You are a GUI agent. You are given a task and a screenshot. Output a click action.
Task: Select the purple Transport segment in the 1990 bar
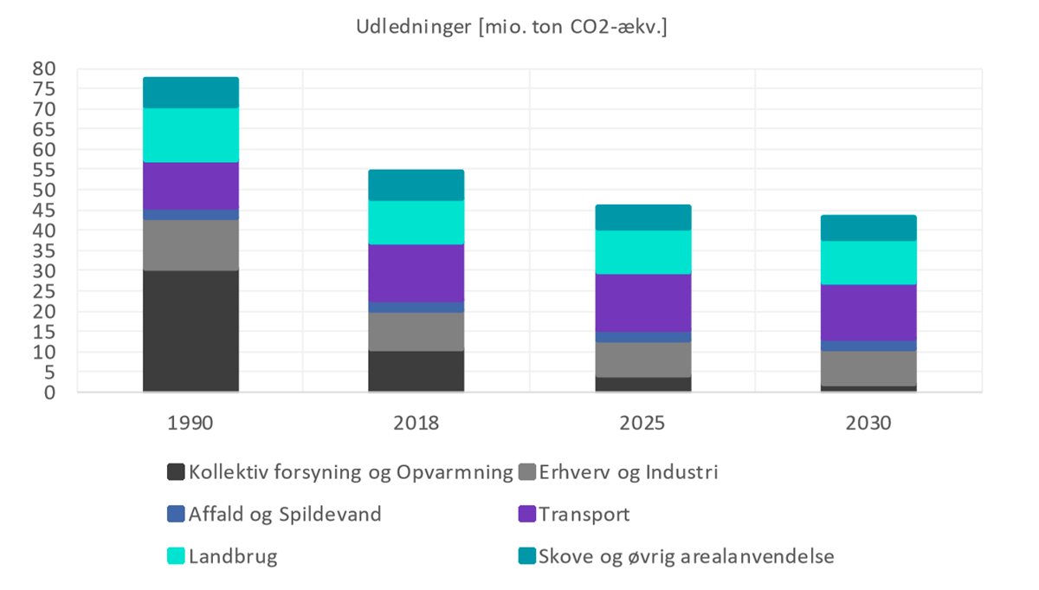pyautogui.click(x=190, y=185)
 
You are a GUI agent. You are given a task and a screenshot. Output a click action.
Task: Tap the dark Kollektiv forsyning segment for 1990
pyautogui.click(x=190, y=331)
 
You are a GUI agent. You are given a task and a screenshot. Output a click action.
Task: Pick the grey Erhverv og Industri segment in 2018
pyautogui.click(x=416, y=331)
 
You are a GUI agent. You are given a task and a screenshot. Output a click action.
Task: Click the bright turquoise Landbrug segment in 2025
pyautogui.click(x=643, y=252)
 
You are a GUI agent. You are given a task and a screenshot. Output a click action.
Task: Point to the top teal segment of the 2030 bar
pyautogui.click(x=869, y=228)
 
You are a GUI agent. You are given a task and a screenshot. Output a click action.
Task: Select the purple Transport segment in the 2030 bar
pyautogui.click(x=869, y=312)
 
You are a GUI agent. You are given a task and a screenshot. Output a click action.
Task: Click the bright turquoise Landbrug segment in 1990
pyautogui.click(x=190, y=135)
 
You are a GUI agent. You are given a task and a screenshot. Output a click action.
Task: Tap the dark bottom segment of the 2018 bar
pyautogui.click(x=416, y=371)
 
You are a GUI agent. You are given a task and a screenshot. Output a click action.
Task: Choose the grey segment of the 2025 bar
pyautogui.click(x=643, y=360)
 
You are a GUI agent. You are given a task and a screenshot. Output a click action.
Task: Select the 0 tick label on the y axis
pyautogui.click(x=49, y=392)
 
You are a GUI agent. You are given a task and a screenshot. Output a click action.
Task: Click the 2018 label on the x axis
pyautogui.click(x=416, y=424)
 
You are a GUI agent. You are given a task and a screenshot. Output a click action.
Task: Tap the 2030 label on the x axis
pyautogui.click(x=869, y=424)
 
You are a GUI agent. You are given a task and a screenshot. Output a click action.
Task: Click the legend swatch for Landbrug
pyautogui.click(x=176, y=556)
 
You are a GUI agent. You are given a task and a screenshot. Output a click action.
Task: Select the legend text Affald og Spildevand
pyautogui.click(x=285, y=514)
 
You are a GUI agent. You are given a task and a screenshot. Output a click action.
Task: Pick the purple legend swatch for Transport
pyautogui.click(x=526, y=514)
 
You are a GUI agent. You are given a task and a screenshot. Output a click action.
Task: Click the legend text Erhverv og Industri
pyautogui.click(x=628, y=472)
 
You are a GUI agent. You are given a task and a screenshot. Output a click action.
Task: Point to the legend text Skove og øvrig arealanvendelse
pyautogui.click(x=686, y=556)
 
